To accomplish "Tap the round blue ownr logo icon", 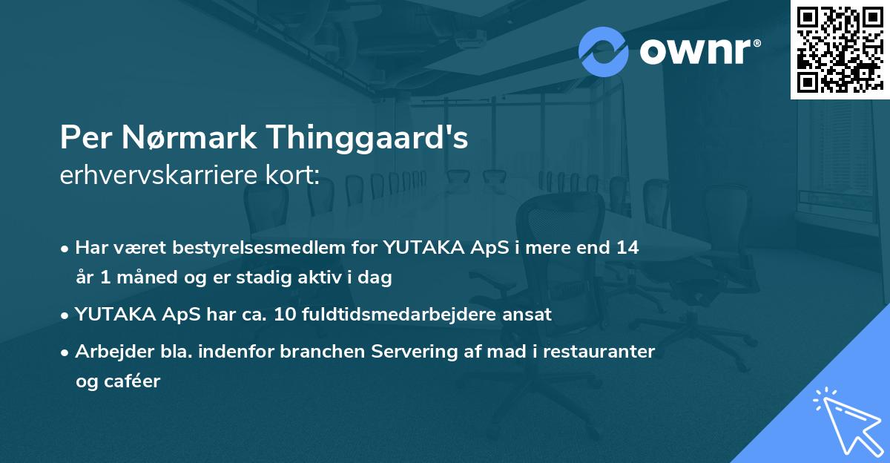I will tap(604, 52).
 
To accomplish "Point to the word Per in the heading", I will tap(82, 139).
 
